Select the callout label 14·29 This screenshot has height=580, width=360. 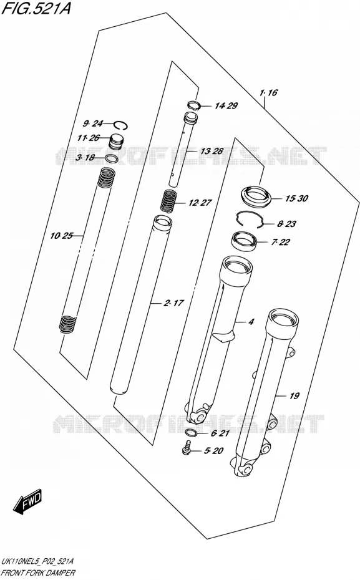[226, 106]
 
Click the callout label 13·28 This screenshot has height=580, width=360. [212, 151]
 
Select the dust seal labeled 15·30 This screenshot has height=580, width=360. [256, 196]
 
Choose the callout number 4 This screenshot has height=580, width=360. [251, 322]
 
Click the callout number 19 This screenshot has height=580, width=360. [294, 396]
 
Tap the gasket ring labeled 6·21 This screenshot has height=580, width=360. [192, 433]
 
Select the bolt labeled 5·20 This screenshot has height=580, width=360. [187, 448]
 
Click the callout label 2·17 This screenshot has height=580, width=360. [173, 303]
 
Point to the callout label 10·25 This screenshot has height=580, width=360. [62, 236]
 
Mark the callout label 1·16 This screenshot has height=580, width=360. [268, 92]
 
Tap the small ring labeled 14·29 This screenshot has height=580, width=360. [193, 105]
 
